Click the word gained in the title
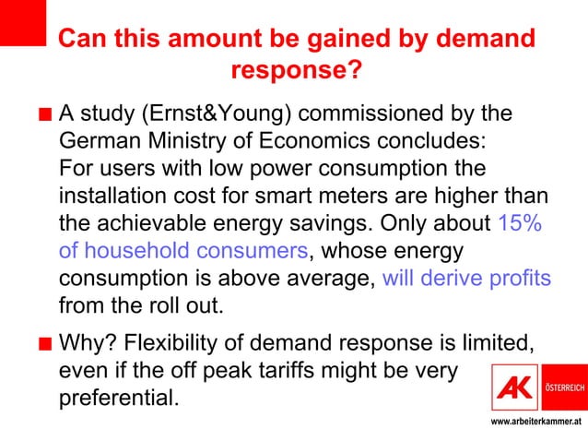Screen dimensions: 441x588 [x=335, y=40]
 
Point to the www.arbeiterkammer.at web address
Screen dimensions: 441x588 [x=535, y=422]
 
